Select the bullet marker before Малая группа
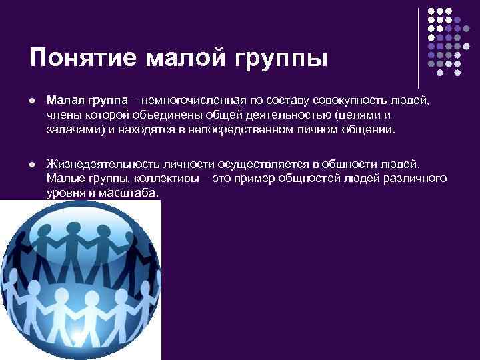click(x=33, y=101)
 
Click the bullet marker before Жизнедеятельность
click(x=33, y=165)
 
